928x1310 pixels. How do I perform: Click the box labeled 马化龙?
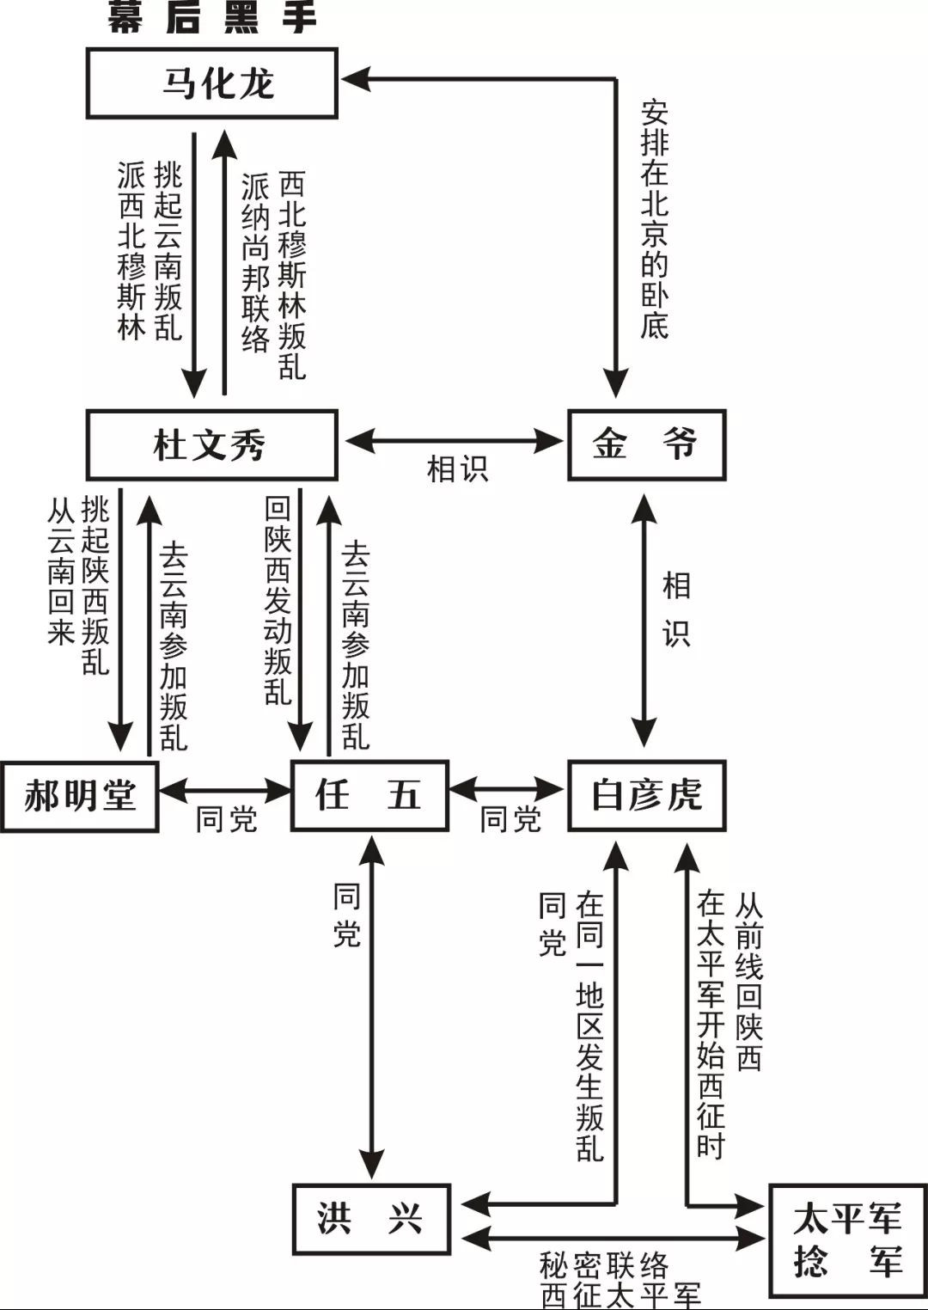[x=211, y=83]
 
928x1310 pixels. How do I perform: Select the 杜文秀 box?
[x=211, y=445]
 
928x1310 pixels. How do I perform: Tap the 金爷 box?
[x=646, y=445]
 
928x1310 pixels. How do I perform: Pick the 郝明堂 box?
[x=79, y=796]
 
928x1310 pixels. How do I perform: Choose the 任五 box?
[x=369, y=796]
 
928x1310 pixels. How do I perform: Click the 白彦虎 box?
[x=646, y=796]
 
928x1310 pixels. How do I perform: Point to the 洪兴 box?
[x=371, y=1219]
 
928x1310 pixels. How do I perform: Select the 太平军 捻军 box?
[x=847, y=1240]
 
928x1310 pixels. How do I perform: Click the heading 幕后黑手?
[x=211, y=17]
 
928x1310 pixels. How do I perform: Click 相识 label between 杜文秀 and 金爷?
[x=457, y=469]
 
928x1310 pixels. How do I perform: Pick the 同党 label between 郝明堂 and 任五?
[x=226, y=819]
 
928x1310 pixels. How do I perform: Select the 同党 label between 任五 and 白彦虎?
[x=510, y=819]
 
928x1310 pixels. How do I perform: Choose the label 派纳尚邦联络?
[x=255, y=262]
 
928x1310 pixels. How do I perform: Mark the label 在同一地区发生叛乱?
[x=590, y=1027]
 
